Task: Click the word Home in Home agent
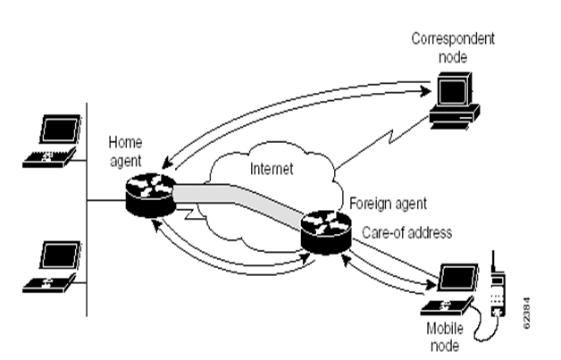[x=121, y=141]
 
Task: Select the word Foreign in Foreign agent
[x=369, y=201]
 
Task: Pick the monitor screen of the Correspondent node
[x=455, y=88]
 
